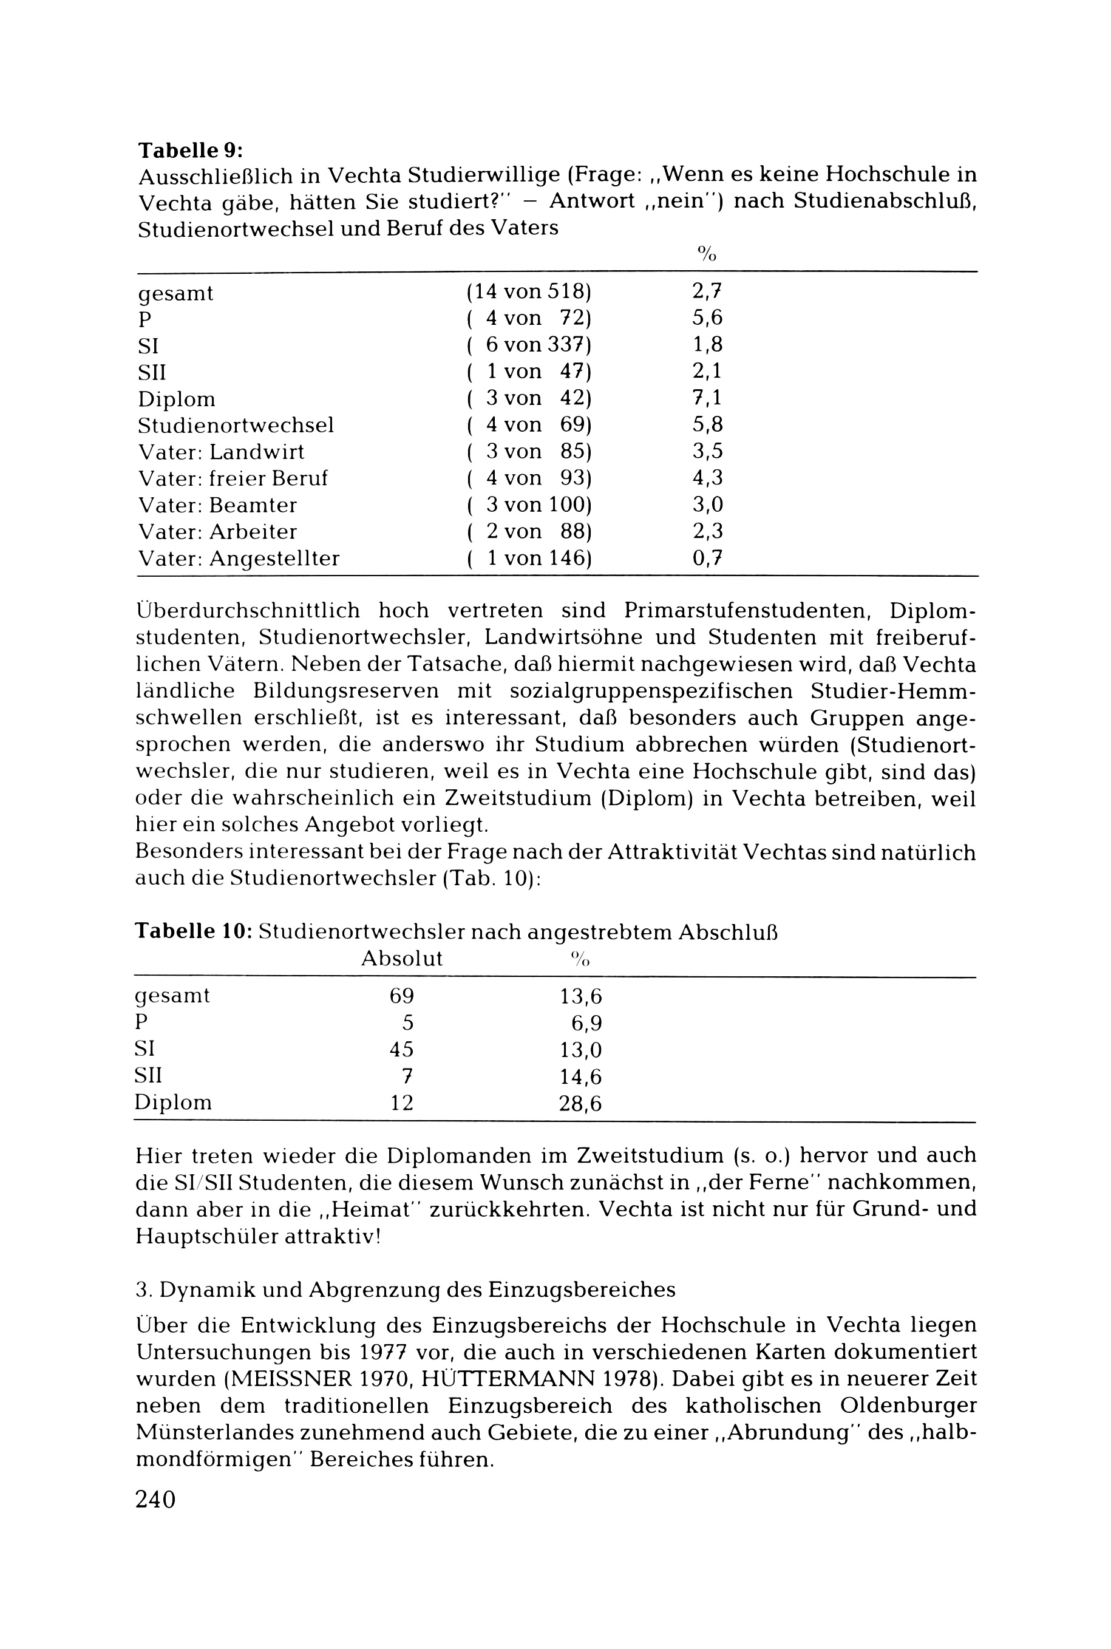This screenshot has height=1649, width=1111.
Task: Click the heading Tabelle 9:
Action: click(190, 150)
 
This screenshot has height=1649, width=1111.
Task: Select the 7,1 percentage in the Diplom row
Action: click(707, 398)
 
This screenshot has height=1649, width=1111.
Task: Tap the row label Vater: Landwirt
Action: click(221, 451)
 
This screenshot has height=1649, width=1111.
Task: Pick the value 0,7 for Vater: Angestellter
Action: click(707, 559)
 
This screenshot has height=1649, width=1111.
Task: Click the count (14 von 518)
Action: click(529, 291)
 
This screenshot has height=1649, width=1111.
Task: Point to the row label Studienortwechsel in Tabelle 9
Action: click(235, 425)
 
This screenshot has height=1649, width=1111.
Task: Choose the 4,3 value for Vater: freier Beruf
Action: click(707, 478)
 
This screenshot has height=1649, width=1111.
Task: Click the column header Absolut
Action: click(402, 959)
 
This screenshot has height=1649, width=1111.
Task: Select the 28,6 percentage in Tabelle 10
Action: click(580, 1103)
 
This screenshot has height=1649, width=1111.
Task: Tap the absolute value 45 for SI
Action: click(402, 1050)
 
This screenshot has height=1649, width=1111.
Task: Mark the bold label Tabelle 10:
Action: click(194, 931)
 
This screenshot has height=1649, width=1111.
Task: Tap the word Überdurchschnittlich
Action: click(247, 610)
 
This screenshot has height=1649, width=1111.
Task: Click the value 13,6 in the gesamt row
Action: click(580, 996)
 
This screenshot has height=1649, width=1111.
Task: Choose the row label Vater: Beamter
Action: click(217, 505)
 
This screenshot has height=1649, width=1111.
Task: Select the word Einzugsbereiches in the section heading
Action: click(582, 1290)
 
